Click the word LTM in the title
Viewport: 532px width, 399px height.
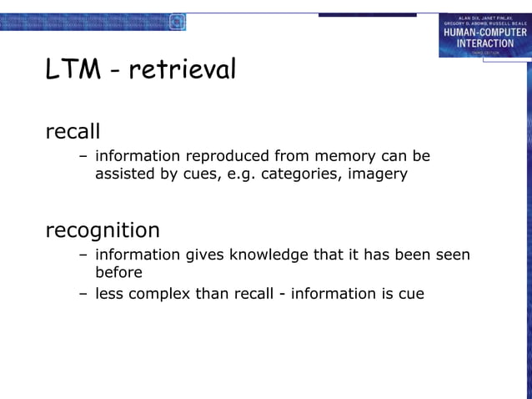click(x=71, y=70)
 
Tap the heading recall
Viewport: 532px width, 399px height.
click(x=73, y=131)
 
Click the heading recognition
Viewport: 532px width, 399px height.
click(x=102, y=230)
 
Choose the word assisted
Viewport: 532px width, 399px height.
click(x=124, y=174)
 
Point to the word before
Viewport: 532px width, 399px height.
click(x=118, y=273)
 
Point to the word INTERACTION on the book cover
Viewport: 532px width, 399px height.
click(x=484, y=43)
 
